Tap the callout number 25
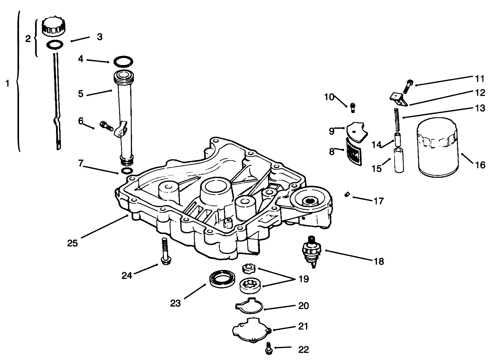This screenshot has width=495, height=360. [x=72, y=243]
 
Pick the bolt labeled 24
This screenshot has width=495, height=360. [x=164, y=251]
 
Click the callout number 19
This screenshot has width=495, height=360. [x=304, y=279]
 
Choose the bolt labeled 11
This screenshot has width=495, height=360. [x=408, y=85]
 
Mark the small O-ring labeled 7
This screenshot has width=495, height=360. [x=127, y=171]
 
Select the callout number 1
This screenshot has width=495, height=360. [x=7, y=84]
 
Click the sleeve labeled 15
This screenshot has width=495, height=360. [x=398, y=160]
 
